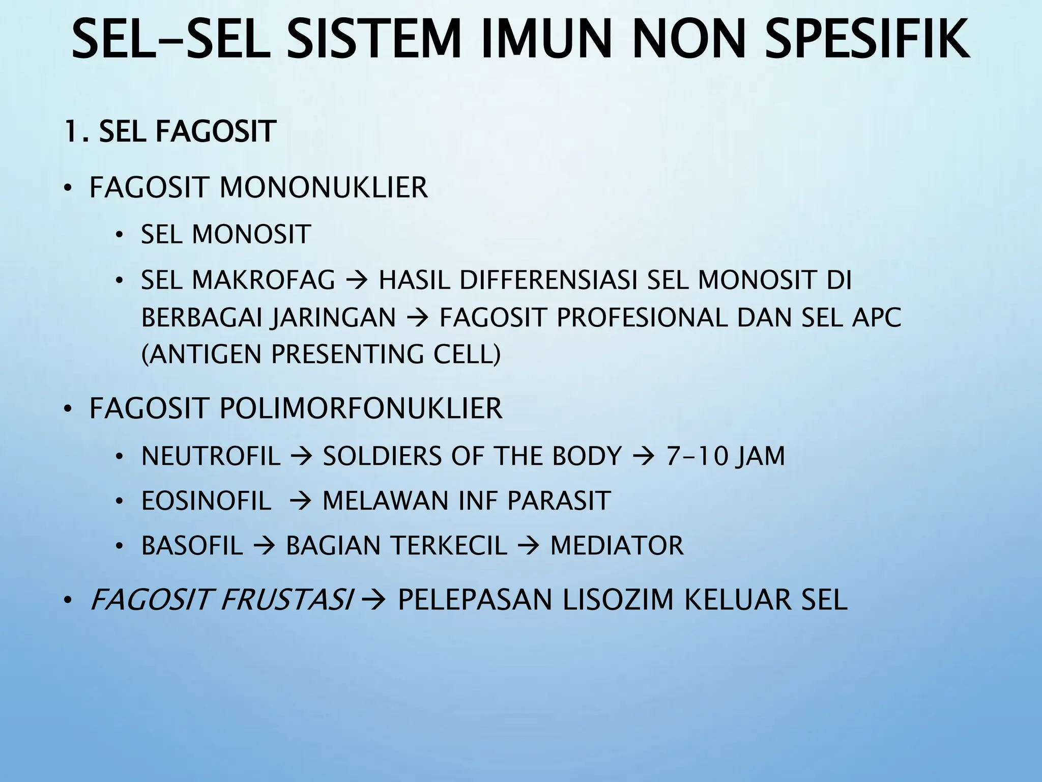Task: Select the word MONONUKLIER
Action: click(x=324, y=187)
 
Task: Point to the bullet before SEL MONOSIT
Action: click(x=119, y=235)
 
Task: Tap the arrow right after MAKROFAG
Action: click(x=357, y=281)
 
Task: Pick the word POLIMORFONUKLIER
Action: click(x=361, y=408)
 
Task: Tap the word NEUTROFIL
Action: click(x=211, y=456)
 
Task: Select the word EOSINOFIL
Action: click(x=206, y=500)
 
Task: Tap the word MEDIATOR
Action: click(x=617, y=545)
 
